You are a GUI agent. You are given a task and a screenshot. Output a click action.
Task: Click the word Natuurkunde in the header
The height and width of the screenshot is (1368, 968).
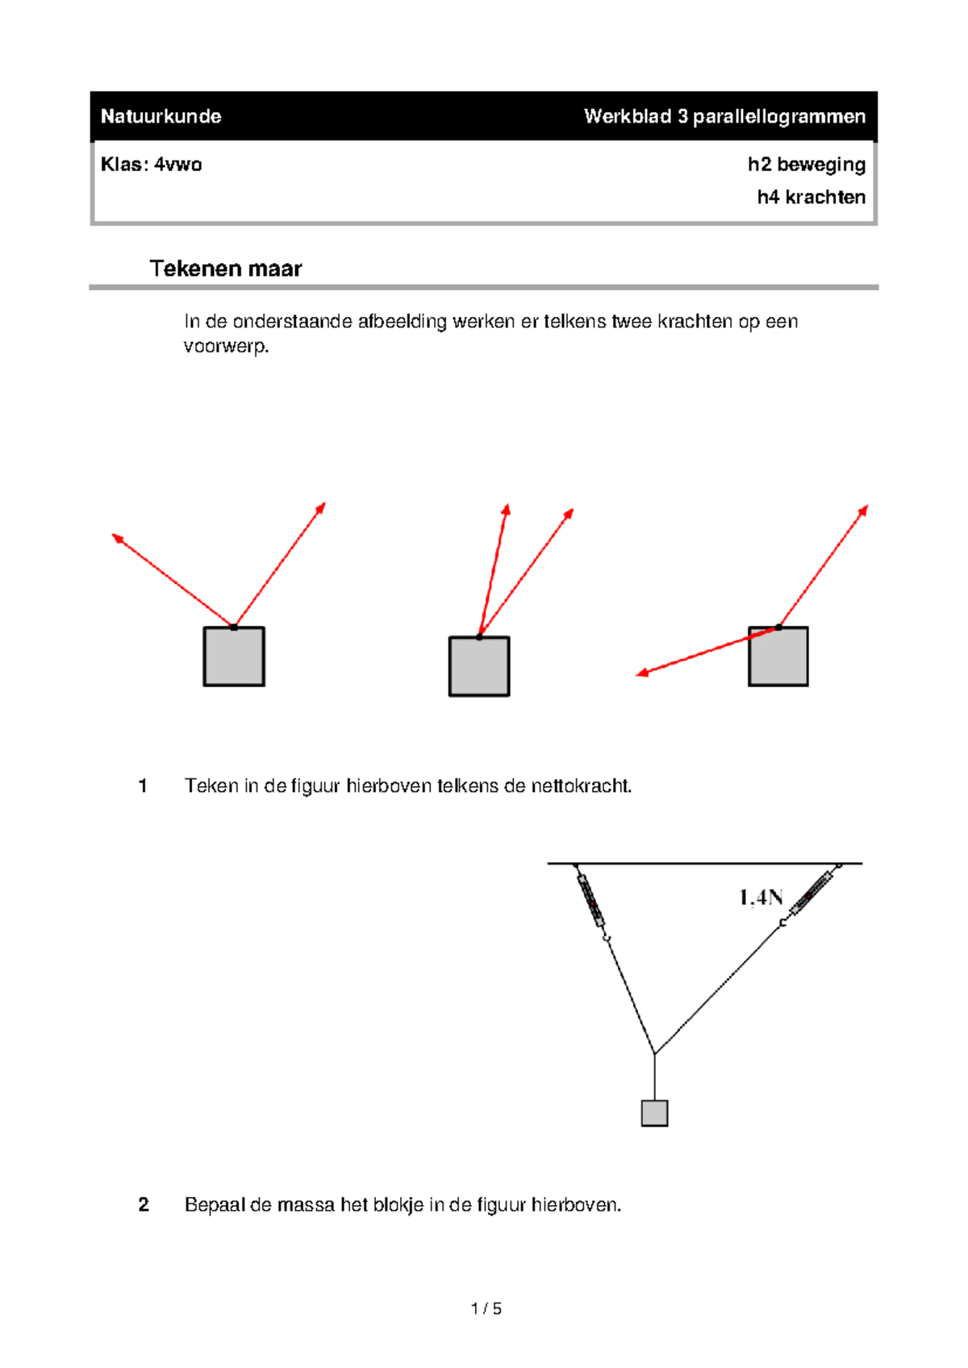pos(161,116)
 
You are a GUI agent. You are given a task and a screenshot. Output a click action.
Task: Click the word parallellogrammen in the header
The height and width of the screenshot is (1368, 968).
pos(778,116)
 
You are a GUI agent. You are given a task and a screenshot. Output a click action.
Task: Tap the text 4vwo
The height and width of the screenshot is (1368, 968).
pos(177,165)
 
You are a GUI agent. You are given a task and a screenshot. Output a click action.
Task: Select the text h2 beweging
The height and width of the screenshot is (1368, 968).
pos(806,165)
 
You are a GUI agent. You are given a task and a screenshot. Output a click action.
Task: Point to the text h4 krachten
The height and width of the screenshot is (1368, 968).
pos(811,198)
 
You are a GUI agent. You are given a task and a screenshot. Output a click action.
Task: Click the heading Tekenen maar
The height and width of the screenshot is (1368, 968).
pos(225,269)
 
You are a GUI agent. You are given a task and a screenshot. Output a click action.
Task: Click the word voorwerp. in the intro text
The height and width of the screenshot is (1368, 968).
pos(226,347)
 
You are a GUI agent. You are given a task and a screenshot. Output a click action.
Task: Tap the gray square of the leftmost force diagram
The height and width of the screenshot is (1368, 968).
pos(234,657)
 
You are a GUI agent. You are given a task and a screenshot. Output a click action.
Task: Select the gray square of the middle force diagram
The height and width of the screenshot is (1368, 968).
pos(479,666)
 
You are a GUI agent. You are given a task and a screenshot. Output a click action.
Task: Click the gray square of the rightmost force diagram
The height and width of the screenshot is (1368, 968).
pos(778,657)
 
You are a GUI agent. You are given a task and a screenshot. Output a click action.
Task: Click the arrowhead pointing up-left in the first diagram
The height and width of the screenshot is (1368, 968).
pos(118,538)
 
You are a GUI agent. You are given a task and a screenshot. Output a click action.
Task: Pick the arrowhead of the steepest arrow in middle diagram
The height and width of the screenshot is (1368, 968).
pos(506,510)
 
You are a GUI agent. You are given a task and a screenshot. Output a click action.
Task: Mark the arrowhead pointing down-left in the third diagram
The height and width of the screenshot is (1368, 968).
pos(643,672)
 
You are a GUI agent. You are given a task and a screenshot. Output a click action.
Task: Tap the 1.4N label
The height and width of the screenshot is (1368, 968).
pos(761,897)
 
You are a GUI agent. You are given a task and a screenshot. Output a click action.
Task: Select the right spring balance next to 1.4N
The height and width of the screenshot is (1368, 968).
pos(812,892)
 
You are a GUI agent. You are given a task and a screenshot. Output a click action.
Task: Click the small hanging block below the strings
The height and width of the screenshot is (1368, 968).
pos(654,1113)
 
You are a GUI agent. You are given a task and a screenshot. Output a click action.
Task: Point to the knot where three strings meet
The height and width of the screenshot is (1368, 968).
pos(654,1053)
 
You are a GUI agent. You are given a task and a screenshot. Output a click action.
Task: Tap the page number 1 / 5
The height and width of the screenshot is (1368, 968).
pos(486,1309)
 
